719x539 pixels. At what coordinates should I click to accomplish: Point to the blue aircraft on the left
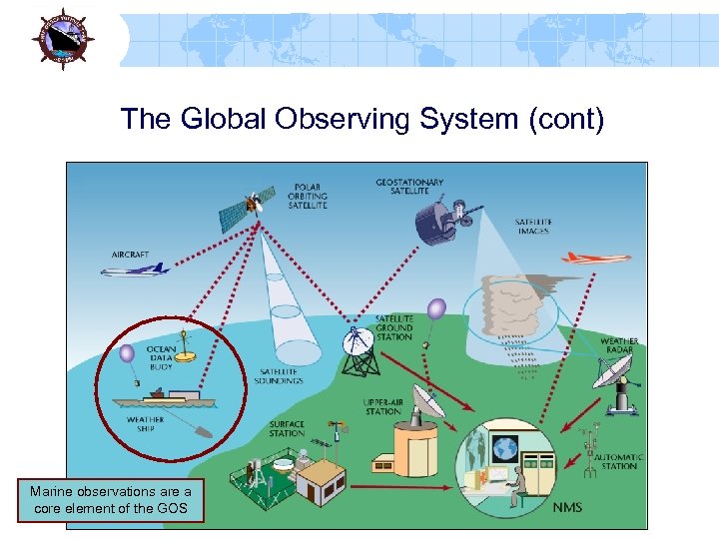click(x=141, y=267)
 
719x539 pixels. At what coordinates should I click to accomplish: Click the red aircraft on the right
click(x=595, y=257)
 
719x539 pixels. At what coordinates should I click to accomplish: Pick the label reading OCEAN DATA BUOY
click(x=162, y=357)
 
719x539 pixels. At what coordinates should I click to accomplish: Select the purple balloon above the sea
click(x=127, y=353)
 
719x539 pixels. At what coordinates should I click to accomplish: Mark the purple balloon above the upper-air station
click(x=436, y=309)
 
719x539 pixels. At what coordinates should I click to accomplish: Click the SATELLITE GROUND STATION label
click(x=393, y=327)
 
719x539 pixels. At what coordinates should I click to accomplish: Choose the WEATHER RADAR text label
click(x=619, y=346)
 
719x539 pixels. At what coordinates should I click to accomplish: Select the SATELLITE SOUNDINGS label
click(x=280, y=374)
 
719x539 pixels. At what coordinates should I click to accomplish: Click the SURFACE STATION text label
click(x=287, y=429)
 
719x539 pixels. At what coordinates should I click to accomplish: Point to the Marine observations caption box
click(x=110, y=500)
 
